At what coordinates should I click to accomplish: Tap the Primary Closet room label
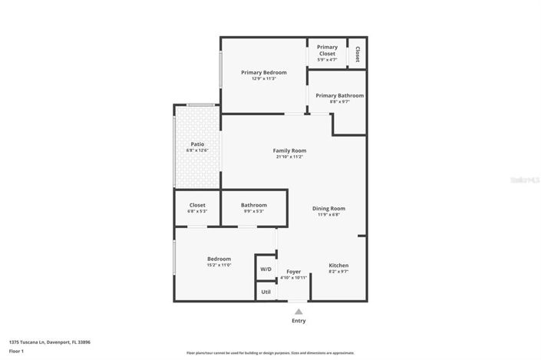(327, 51)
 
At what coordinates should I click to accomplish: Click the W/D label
(266, 269)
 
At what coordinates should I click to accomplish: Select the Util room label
(266, 292)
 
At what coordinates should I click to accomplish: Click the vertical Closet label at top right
(358, 53)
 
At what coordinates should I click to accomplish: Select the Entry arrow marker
(298, 311)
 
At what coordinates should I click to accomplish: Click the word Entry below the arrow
(298, 321)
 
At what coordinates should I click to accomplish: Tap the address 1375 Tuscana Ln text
(45, 342)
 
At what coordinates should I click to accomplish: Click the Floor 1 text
(16, 351)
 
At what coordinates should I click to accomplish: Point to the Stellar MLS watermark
(525, 180)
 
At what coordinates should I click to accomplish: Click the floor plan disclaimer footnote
(270, 353)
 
